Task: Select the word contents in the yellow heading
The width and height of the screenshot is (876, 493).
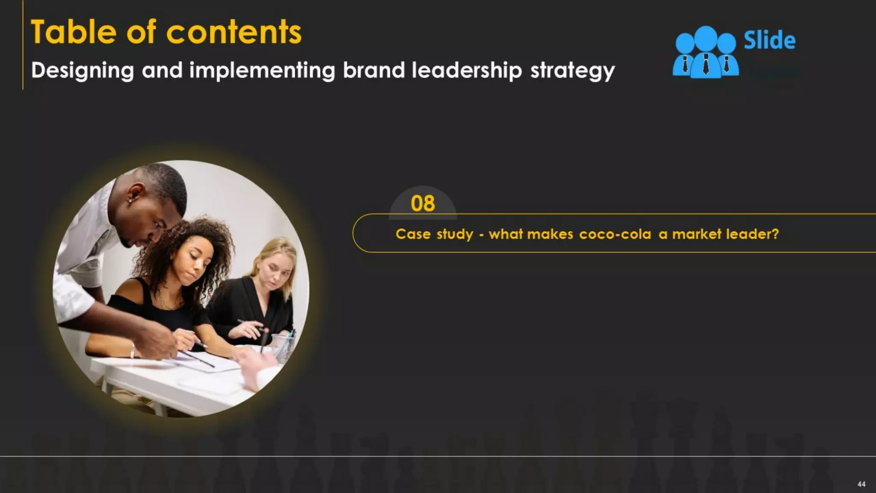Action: [x=234, y=32]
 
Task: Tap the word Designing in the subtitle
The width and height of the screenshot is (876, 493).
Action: [x=83, y=71]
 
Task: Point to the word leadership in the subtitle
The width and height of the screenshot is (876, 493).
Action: [x=467, y=70]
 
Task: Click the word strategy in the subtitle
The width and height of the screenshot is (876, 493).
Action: [x=572, y=71]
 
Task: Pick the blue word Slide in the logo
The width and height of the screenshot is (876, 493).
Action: [x=769, y=41]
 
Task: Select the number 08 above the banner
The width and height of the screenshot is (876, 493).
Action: [x=423, y=203]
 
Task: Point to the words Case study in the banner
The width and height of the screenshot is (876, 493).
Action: [x=434, y=234]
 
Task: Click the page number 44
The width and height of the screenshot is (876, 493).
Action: [x=861, y=484]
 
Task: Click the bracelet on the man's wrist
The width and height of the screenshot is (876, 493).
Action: [x=133, y=351]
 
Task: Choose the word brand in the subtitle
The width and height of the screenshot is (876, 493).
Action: [x=373, y=70]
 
